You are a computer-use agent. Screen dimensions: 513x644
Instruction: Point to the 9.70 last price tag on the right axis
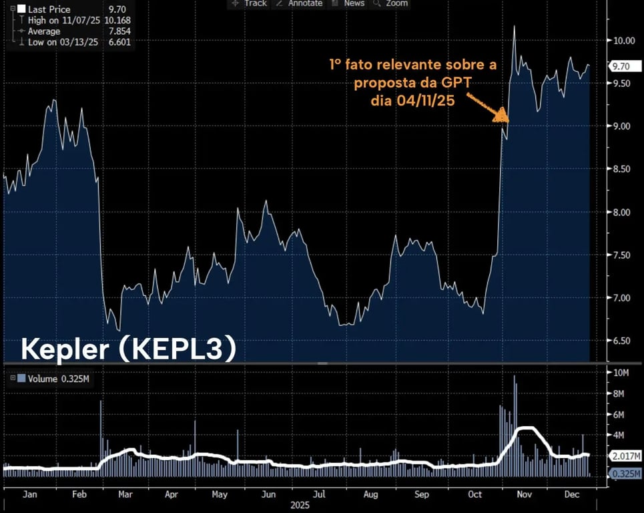pos(621,66)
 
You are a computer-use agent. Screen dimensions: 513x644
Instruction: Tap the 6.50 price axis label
pos(622,341)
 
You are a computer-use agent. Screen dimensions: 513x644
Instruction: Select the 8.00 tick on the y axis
pos(622,212)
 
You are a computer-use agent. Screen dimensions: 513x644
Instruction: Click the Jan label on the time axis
pos(29,495)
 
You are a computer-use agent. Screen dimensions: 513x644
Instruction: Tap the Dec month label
pos(571,495)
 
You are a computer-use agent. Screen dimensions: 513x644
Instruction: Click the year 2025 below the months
pos(300,506)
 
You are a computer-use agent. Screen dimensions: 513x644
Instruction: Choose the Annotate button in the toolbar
pos(299,3)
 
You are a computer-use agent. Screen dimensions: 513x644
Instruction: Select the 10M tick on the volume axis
pos(622,373)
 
